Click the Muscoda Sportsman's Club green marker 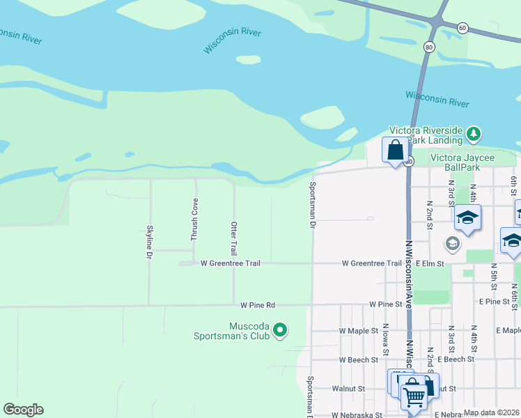(280, 330)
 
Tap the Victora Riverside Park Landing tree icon (474, 132)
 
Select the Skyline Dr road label (149, 242)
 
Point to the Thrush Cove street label (195, 219)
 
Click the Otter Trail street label (234, 238)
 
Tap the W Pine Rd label (258, 305)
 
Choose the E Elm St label (429, 263)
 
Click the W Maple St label (358, 330)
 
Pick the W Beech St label (358, 360)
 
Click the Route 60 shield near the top (462, 27)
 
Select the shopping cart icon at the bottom (415, 395)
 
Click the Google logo (23, 410)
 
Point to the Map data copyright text (492, 412)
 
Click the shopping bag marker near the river (395, 149)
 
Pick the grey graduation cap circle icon (452, 244)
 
